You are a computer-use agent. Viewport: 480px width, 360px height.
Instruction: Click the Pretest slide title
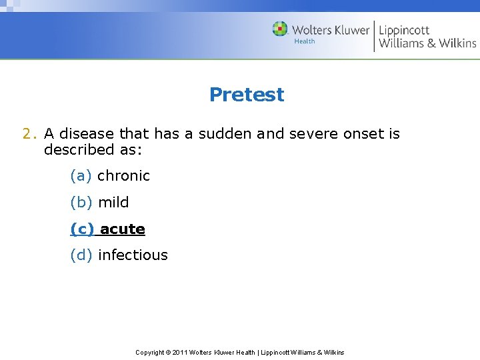[246, 95]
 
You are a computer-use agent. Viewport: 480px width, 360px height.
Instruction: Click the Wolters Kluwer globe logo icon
[280, 29]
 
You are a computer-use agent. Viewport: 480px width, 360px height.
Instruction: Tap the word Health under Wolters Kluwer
[305, 41]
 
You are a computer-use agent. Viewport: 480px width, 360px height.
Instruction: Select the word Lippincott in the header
[404, 30]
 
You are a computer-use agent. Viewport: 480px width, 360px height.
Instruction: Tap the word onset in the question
[363, 133]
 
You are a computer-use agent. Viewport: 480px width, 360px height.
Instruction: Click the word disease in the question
[86, 133]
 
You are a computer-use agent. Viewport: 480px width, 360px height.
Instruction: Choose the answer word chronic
[123, 176]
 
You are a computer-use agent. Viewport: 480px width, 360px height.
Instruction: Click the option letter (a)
[81, 176]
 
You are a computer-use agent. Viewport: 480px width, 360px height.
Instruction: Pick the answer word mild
[113, 202]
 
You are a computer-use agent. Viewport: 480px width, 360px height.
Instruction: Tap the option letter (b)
[81, 202]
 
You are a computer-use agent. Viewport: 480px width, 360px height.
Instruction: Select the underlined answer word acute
[123, 229]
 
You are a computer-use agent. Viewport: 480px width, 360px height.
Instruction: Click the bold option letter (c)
[82, 229]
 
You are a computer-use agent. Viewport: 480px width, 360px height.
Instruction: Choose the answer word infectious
[133, 255]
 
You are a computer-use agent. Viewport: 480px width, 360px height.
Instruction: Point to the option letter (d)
[81, 255]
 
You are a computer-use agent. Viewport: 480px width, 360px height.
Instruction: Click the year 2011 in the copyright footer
[180, 352]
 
